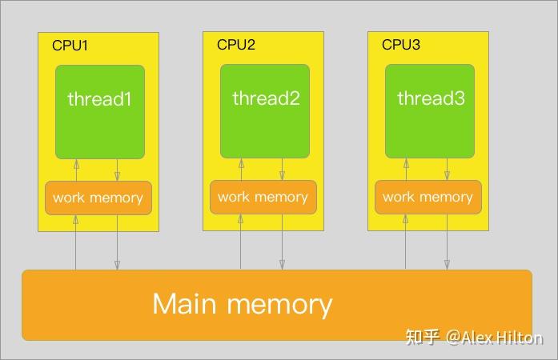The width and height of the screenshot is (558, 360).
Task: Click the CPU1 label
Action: point(70,46)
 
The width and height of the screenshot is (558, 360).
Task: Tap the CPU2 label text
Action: point(235,45)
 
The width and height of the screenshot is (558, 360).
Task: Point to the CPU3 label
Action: point(400,45)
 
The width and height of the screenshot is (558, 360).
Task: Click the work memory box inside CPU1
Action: point(98,198)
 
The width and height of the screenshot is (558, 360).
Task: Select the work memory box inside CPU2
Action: point(263,197)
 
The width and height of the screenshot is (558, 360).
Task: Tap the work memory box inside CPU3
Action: point(428,197)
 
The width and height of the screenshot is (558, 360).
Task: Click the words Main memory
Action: point(242,304)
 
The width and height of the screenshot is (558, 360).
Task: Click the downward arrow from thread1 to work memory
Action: point(118,170)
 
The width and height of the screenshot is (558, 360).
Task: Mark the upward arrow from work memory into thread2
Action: point(241,170)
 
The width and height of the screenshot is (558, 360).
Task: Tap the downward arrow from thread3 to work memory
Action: point(448,170)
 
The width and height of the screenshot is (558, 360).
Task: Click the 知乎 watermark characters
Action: point(423,338)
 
